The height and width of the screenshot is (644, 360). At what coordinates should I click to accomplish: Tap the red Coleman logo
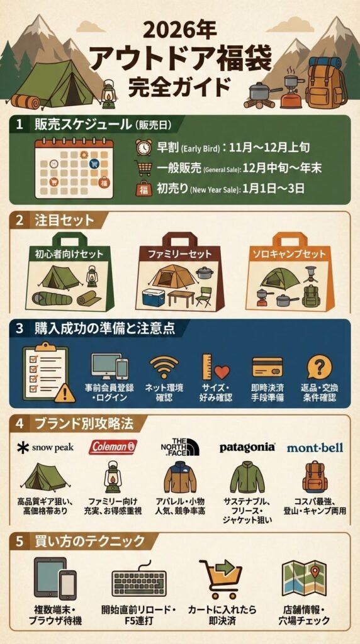(x=113, y=447)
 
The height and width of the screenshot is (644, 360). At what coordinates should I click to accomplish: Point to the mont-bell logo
(x=315, y=448)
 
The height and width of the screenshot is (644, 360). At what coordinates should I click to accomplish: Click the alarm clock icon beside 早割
(x=143, y=147)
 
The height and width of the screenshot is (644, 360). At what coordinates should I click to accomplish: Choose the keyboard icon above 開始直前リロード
(x=138, y=581)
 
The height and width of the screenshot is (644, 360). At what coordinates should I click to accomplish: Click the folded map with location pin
(x=304, y=579)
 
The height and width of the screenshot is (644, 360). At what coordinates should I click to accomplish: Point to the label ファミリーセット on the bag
(x=179, y=255)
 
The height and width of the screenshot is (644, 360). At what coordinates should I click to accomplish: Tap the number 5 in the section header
(x=20, y=541)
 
